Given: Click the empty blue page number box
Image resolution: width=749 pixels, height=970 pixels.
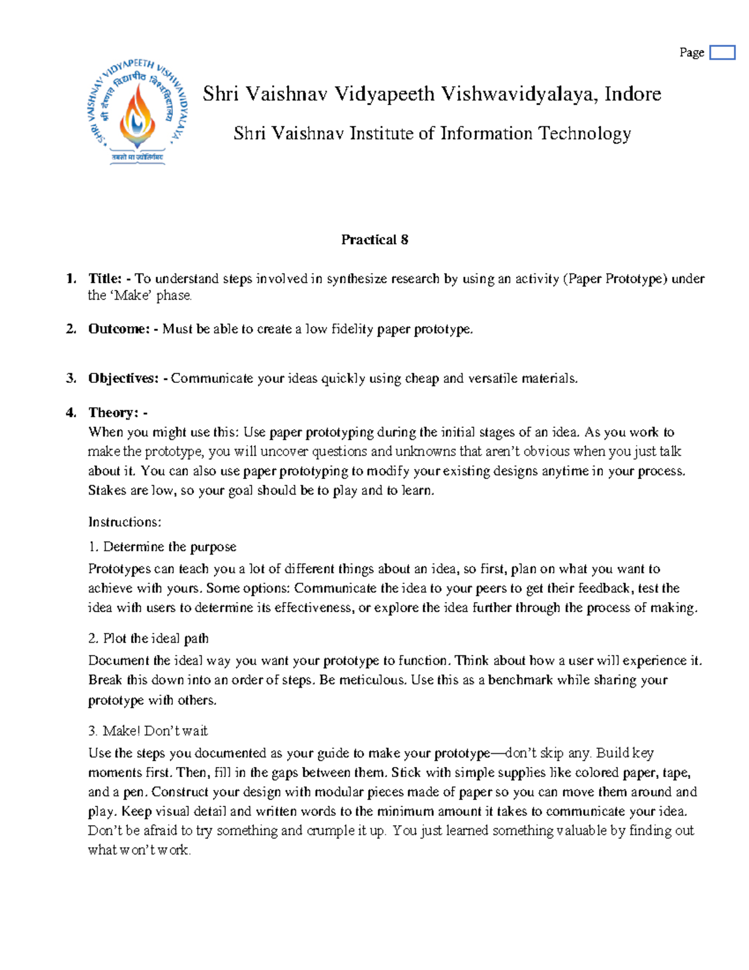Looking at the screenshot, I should tap(722, 52).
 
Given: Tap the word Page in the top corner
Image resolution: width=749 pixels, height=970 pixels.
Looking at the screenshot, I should tap(692, 52).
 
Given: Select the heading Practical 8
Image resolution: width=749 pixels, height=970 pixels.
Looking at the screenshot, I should tap(374, 240).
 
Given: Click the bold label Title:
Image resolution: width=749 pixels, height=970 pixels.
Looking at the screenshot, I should tap(105, 279).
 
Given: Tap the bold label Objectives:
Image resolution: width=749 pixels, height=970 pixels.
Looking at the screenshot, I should tap(123, 379).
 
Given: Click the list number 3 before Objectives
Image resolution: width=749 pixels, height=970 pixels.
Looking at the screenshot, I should tap(71, 379).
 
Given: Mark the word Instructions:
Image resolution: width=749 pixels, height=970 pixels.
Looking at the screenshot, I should tap(125, 522).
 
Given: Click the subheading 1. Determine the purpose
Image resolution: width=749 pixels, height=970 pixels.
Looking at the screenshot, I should tap(162, 547).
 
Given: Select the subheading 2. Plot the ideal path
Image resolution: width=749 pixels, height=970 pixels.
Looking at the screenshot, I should tap(149, 638).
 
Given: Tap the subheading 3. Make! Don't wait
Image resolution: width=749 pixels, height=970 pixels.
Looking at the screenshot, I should tap(148, 731).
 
